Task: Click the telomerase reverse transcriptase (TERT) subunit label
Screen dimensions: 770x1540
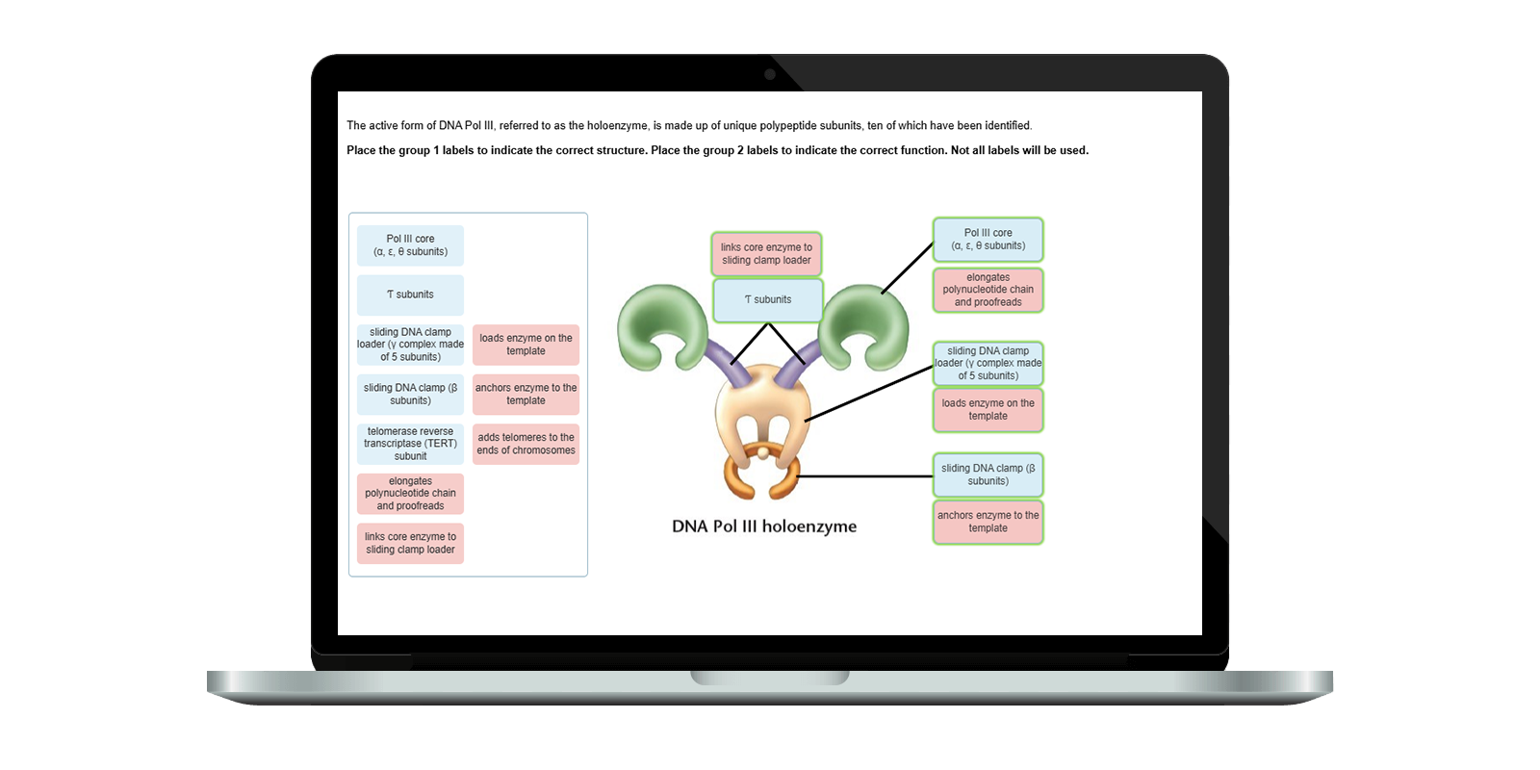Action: [410, 444]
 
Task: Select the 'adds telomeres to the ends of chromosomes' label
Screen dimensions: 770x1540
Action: [526, 444]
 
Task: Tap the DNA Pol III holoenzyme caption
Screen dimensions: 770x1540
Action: [763, 526]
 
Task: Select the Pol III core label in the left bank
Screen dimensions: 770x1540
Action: [410, 245]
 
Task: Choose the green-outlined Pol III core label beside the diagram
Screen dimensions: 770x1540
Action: [988, 240]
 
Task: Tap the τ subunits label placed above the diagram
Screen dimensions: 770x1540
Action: [767, 299]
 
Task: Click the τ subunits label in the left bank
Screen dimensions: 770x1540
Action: [410, 295]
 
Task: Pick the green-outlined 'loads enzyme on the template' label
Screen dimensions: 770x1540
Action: [988, 410]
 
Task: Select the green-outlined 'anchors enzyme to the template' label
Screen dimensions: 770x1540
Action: [988, 522]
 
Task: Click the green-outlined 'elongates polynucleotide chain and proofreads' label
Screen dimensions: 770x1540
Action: [988, 290]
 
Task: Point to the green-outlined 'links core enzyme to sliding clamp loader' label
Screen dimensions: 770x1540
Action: [766, 254]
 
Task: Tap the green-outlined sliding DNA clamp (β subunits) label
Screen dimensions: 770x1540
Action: [988, 475]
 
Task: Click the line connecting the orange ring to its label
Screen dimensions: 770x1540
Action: [866, 476]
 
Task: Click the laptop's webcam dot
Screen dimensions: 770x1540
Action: [769, 74]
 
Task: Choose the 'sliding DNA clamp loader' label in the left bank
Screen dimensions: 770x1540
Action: [410, 345]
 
